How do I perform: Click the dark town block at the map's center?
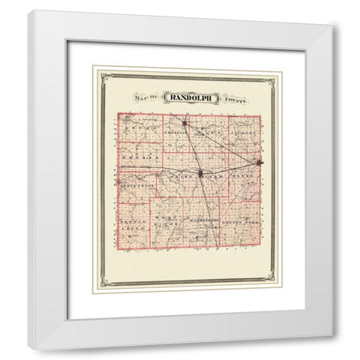click(201, 174)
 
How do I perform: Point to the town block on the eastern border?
click(259, 161)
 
